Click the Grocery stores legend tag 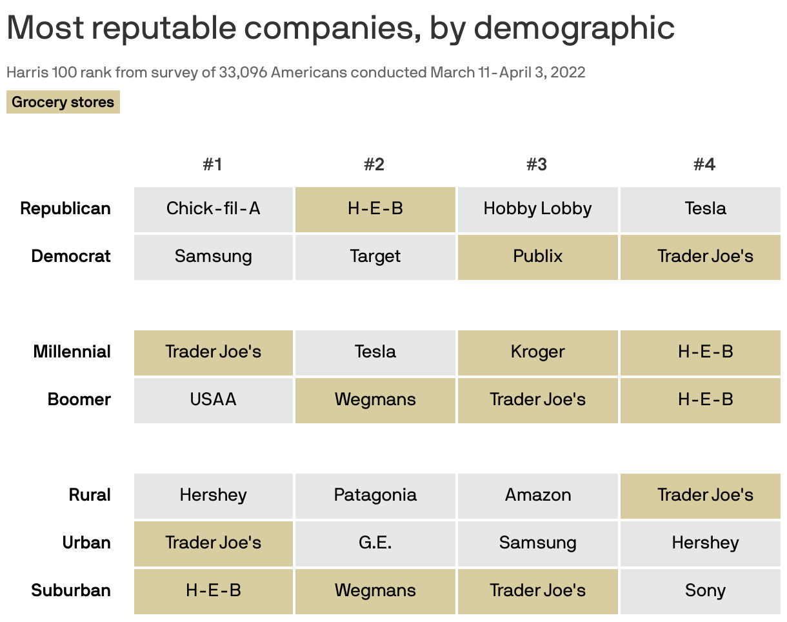pos(63,102)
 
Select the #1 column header pos(212,165)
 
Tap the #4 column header pos(704,165)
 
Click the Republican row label pos(65,208)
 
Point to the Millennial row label pos(72,352)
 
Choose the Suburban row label pos(71,590)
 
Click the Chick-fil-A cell pos(214,208)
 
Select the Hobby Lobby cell pos(537,208)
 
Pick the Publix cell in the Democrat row pos(537,256)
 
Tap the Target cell pos(375,256)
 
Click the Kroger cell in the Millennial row pos(537,352)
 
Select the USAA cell pos(214,399)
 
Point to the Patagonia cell pos(375,495)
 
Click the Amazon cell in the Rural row pos(537,495)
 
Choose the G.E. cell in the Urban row pos(375,543)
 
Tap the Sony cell pos(705,590)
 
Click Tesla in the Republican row pos(705,208)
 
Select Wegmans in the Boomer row pos(375,399)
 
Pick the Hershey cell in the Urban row pos(705,543)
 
